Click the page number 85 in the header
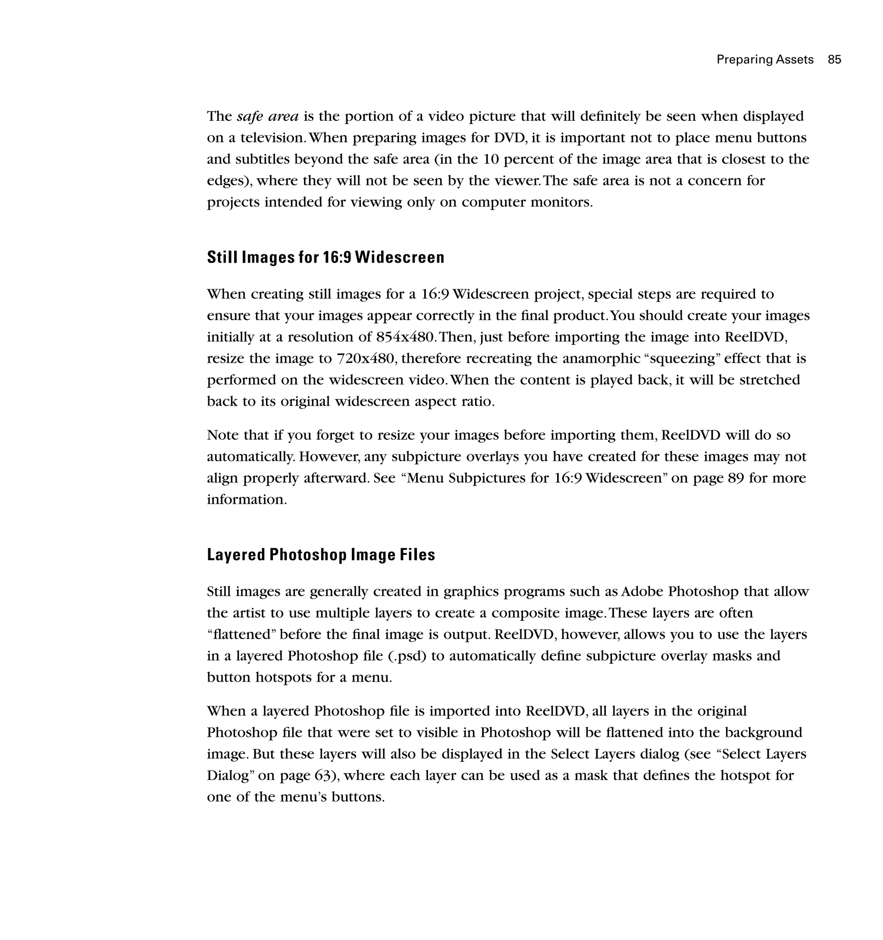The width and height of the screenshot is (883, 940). pos(834,60)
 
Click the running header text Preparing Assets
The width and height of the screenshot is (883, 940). pos(765,60)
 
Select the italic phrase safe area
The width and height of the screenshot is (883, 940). pos(268,116)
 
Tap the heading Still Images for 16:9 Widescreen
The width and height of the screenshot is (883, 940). pos(326,258)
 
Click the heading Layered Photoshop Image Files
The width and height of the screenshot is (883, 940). pos(321,555)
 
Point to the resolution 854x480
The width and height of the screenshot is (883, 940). pos(404,337)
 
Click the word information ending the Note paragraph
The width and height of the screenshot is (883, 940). pos(246,500)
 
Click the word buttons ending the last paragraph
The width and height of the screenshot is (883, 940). pos(357,797)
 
